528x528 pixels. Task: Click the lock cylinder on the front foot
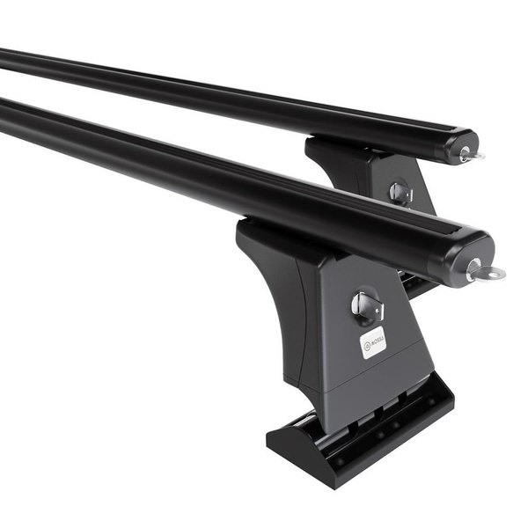(x=367, y=306)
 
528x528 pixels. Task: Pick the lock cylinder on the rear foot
(x=399, y=192)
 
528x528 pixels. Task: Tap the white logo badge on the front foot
(x=372, y=341)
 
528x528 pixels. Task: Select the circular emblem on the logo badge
(x=365, y=346)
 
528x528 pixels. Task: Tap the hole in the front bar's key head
(x=495, y=273)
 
